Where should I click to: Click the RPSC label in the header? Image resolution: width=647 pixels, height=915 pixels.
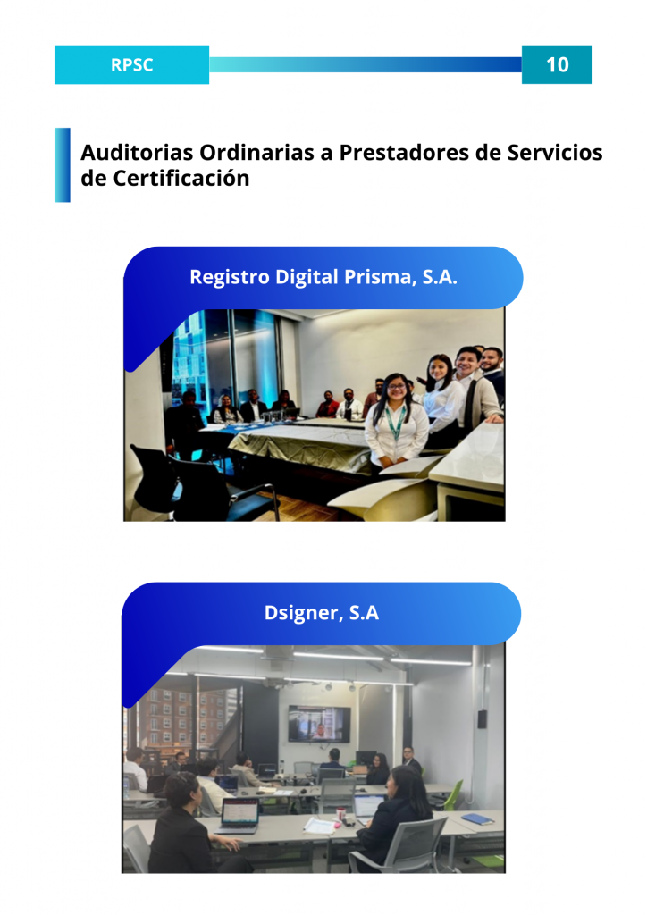[132, 64]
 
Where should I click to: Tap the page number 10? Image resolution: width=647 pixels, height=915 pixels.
[557, 64]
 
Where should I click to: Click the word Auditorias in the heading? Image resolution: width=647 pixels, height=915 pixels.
[137, 152]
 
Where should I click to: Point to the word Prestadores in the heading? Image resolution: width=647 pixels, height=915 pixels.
[404, 152]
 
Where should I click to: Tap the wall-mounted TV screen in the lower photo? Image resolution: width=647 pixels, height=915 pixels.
[318, 724]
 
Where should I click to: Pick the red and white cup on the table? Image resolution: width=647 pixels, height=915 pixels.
[340, 813]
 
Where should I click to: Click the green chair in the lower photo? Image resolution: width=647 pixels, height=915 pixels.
[453, 796]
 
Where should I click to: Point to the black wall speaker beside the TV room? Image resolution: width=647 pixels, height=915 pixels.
[482, 719]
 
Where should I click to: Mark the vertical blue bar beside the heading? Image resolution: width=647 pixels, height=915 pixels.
[63, 165]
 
